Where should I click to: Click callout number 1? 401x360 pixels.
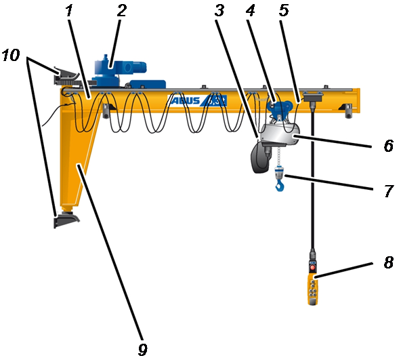point(69,11)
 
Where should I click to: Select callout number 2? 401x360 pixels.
point(122,11)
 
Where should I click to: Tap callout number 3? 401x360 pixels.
point(219,11)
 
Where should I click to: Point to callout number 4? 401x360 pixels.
point(251,11)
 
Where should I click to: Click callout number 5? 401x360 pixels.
point(284,11)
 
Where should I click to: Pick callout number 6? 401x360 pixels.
point(389,146)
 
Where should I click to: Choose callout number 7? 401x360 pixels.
point(389,191)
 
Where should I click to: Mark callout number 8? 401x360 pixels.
point(389,262)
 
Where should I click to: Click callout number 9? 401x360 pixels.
point(143,349)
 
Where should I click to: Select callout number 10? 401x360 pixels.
point(11,55)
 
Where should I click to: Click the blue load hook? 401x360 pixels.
point(280,185)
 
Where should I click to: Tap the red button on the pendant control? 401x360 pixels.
point(313,268)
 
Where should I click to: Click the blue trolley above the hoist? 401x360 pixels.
point(280,108)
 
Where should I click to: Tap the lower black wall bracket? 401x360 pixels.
point(66,220)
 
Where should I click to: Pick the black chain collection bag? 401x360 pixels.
point(260,157)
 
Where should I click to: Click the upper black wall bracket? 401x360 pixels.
point(66,75)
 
